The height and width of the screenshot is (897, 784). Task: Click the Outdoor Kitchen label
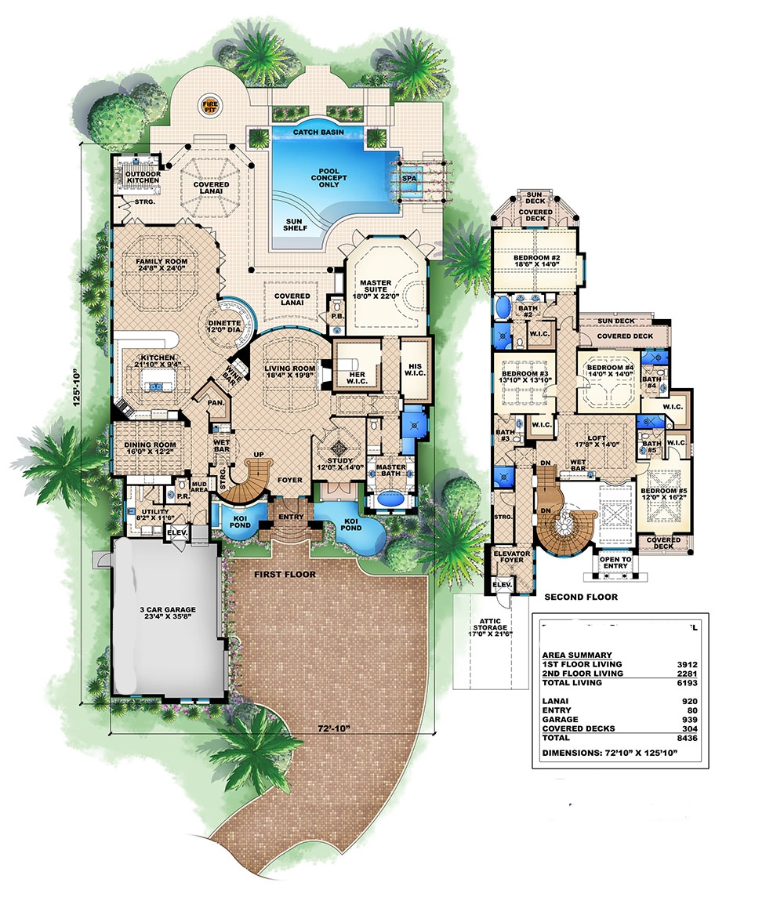click(x=142, y=176)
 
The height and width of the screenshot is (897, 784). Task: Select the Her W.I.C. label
click(x=356, y=377)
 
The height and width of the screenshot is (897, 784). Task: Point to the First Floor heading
click(x=285, y=575)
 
